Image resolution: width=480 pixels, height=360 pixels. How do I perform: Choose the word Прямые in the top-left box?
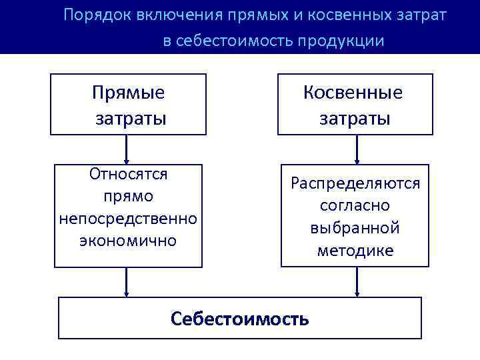coord(129,93)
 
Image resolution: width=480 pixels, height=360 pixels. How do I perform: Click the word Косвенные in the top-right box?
coord(353,93)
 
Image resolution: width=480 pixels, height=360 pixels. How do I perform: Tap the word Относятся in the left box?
coord(128,175)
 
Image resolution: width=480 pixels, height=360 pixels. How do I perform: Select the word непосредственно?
coord(128,218)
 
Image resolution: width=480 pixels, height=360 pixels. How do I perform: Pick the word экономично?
coord(128,240)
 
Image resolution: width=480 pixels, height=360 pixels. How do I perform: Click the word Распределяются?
coord(355,183)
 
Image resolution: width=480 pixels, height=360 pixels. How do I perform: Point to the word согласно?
coord(355,205)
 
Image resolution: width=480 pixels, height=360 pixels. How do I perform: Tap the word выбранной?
coord(355,228)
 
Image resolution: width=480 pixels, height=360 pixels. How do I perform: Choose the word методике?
coord(355,251)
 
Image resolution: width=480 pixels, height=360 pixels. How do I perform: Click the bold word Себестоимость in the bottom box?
coord(240,318)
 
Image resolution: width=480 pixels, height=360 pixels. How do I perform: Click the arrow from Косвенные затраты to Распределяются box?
coord(357,150)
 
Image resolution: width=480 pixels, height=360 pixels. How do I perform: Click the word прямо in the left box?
coord(128,197)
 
